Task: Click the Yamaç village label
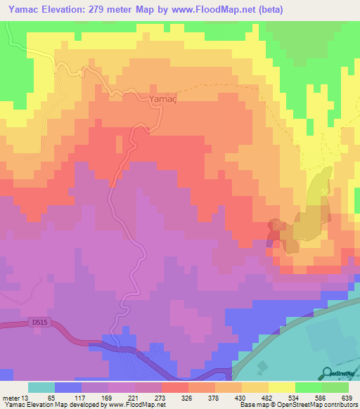[x=160, y=100]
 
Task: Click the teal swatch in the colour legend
[x=41, y=388]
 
